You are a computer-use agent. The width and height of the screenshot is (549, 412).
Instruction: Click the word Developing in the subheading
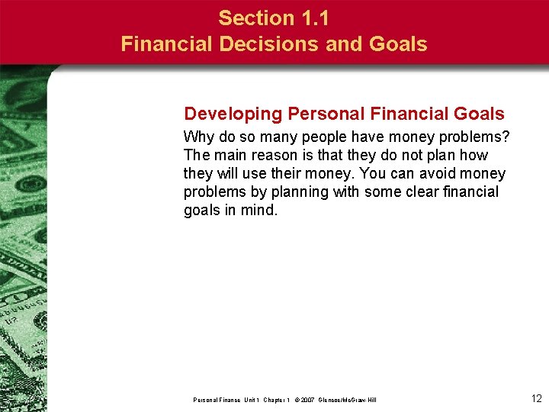(233, 114)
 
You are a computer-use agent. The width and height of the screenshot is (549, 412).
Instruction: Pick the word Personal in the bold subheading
(321, 114)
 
